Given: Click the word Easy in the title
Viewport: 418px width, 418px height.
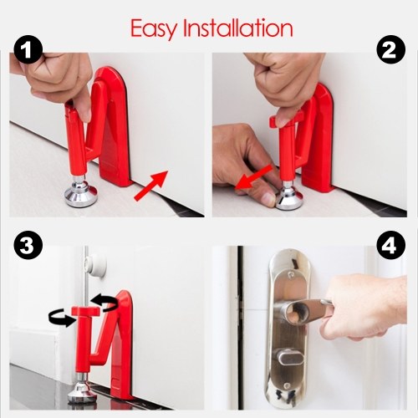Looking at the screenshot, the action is (x=154, y=29).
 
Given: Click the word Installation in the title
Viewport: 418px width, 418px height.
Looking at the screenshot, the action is (x=237, y=28).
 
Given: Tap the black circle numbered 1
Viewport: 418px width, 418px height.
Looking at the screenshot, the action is (x=27, y=50).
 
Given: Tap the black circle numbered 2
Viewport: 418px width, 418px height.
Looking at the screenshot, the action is (x=391, y=50).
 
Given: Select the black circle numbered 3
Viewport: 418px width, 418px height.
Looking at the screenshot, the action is (x=27, y=246).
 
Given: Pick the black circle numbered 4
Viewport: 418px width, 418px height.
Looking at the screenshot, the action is (x=391, y=246).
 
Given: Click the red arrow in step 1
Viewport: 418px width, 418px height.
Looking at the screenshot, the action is (x=151, y=186).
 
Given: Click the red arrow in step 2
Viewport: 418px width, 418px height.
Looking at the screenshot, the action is (x=253, y=177).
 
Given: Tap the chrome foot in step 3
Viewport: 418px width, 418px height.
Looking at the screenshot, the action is (x=82, y=390).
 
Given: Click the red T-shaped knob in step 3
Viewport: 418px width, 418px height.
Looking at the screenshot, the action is (x=86, y=311).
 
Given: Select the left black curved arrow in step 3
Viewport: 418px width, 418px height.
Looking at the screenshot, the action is (x=62, y=319).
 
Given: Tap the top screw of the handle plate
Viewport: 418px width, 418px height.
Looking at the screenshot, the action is (x=291, y=275).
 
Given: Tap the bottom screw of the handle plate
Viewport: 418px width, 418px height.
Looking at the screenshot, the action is (x=286, y=385).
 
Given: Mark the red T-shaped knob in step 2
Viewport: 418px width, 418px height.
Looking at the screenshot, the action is (x=287, y=120).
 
